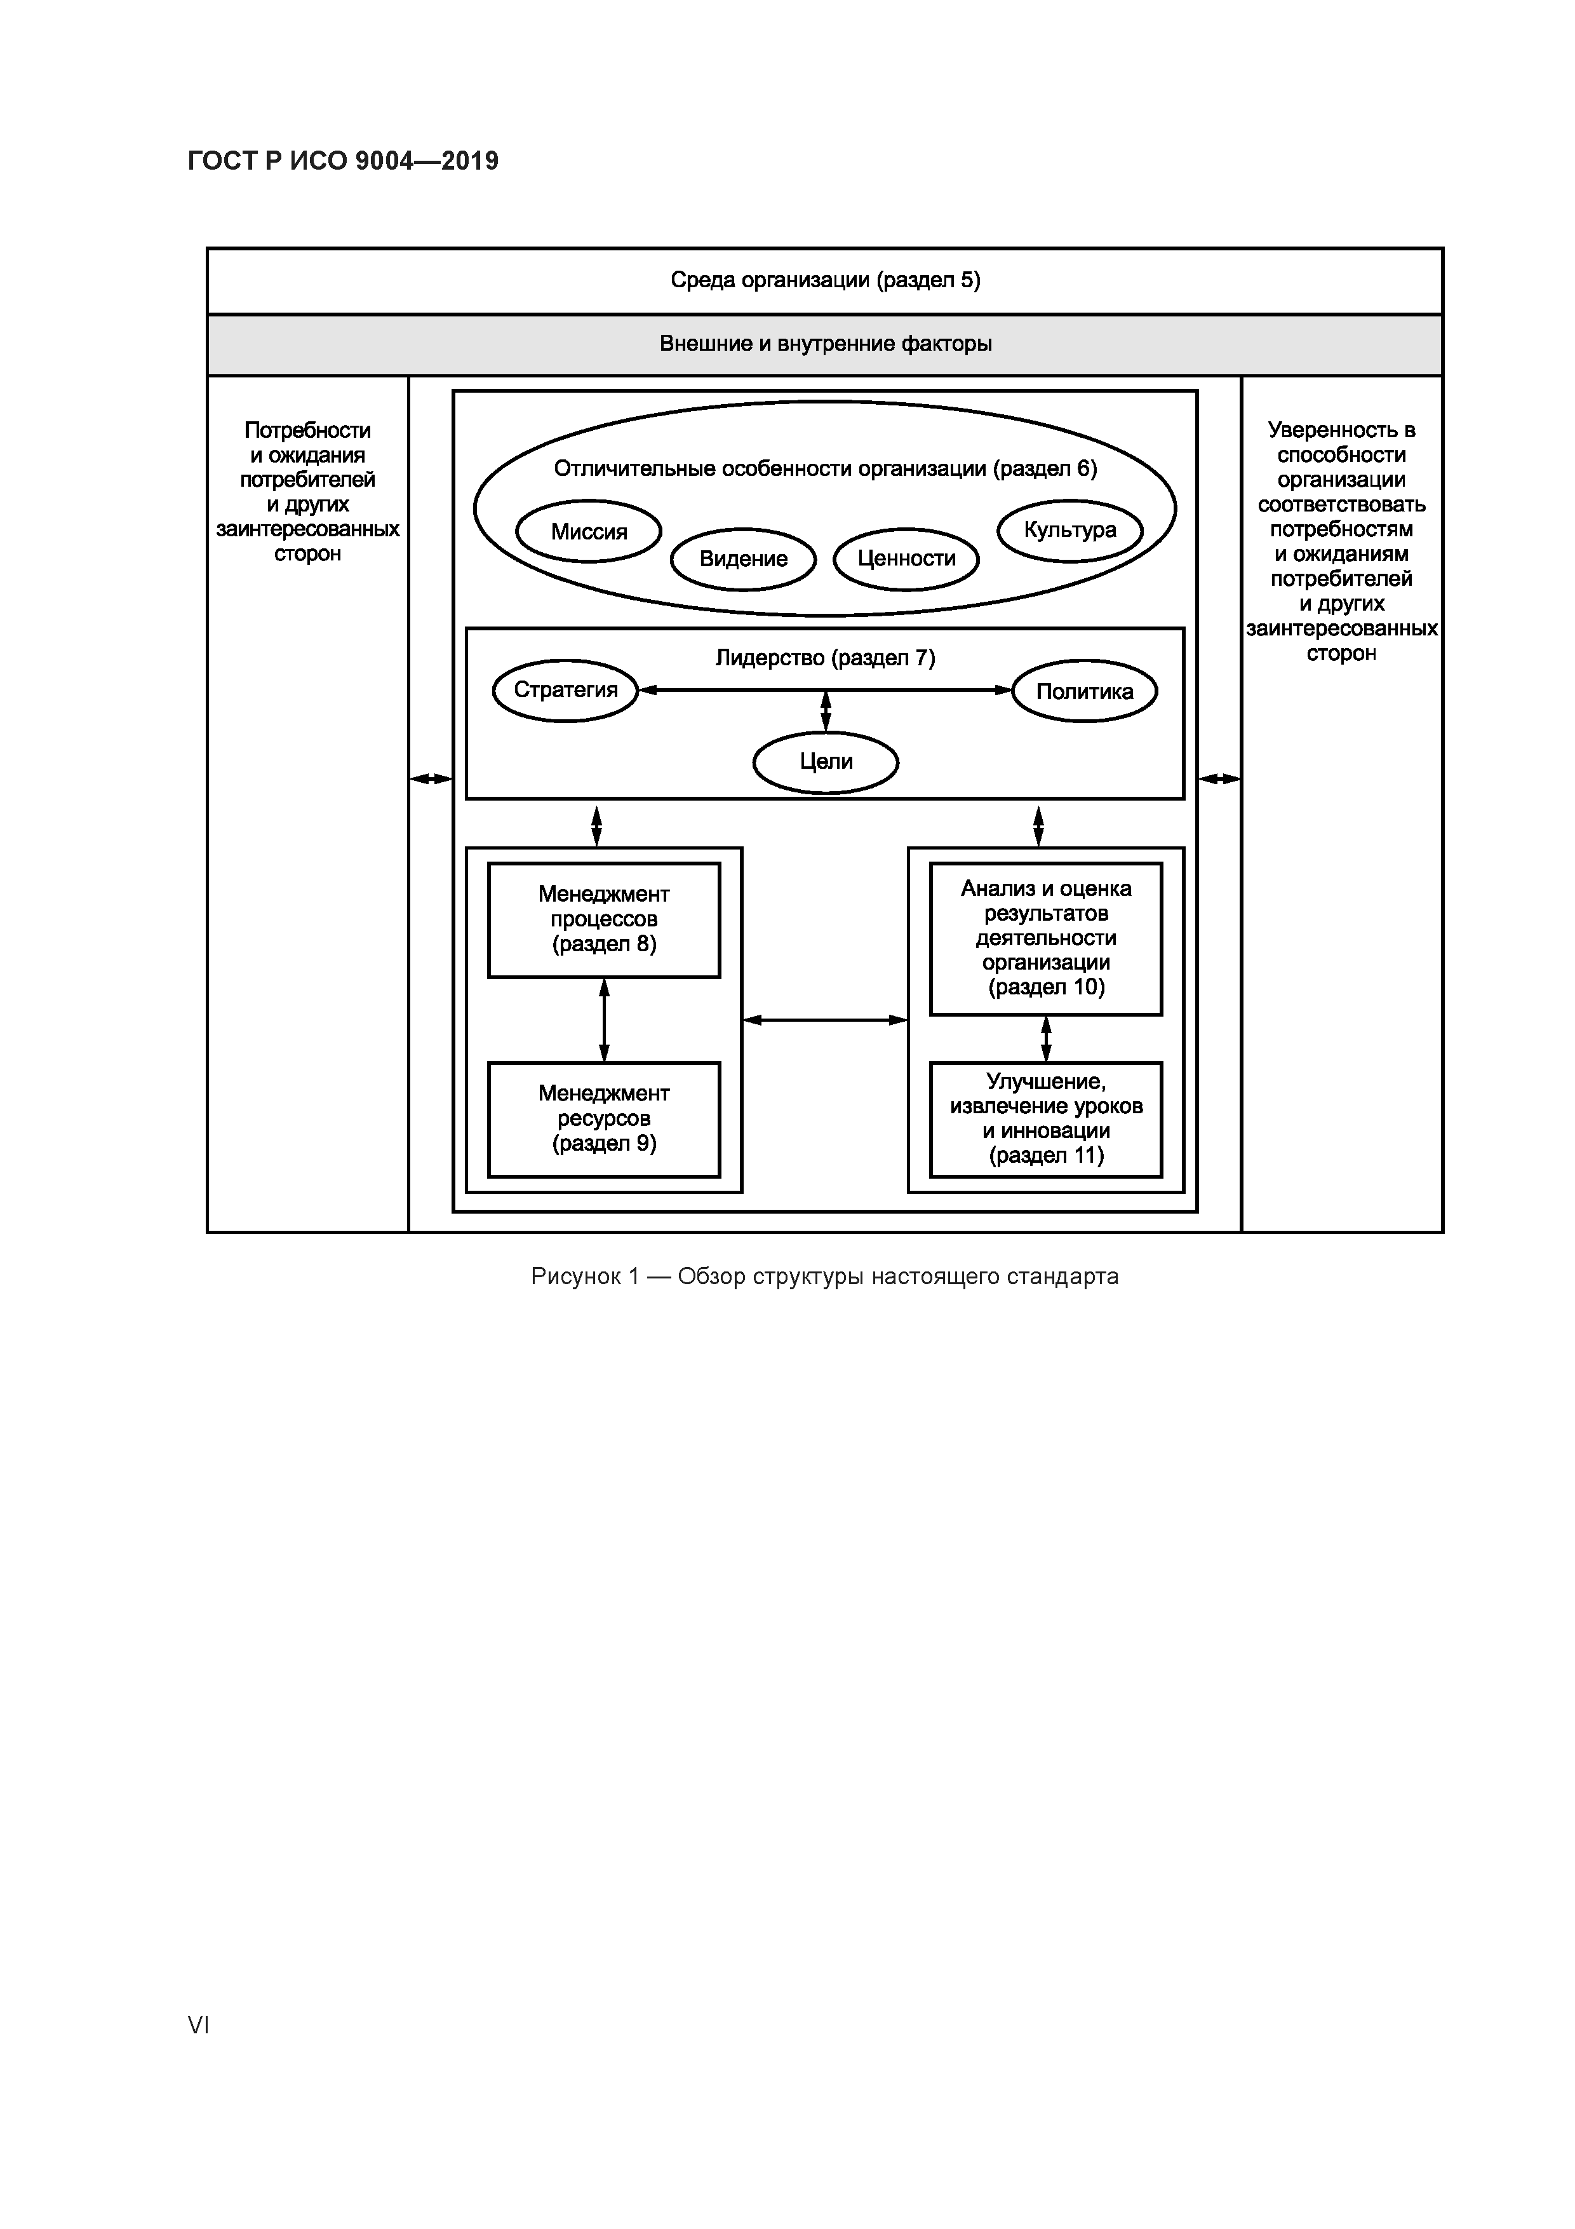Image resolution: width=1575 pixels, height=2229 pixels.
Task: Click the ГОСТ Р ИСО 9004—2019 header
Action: [x=342, y=161]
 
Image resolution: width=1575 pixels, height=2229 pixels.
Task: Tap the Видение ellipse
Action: [x=743, y=559]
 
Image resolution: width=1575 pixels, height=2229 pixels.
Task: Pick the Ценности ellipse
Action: [x=906, y=559]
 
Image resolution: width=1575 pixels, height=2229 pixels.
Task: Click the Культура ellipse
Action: [x=1069, y=530]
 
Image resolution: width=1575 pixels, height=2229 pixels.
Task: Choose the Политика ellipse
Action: [x=1084, y=691]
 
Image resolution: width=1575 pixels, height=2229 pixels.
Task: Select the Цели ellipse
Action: [x=826, y=761]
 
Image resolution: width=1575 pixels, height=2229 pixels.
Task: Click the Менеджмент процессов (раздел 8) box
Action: [x=603, y=919]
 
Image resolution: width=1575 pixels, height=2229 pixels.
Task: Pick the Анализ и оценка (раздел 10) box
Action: [x=1045, y=938]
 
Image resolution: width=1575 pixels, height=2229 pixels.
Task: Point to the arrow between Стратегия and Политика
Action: [x=737, y=690]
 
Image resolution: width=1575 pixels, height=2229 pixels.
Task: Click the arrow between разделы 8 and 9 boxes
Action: [x=603, y=1019]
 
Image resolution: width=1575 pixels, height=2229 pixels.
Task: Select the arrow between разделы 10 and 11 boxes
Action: [x=1045, y=1039]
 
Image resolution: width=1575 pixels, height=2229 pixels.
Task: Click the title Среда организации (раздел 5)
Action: [x=825, y=281]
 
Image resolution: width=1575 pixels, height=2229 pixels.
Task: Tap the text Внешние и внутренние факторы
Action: [x=825, y=344]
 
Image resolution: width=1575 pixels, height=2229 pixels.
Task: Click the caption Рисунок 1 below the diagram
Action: [x=825, y=1276]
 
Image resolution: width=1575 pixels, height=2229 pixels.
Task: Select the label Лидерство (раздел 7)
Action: [x=825, y=658]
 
